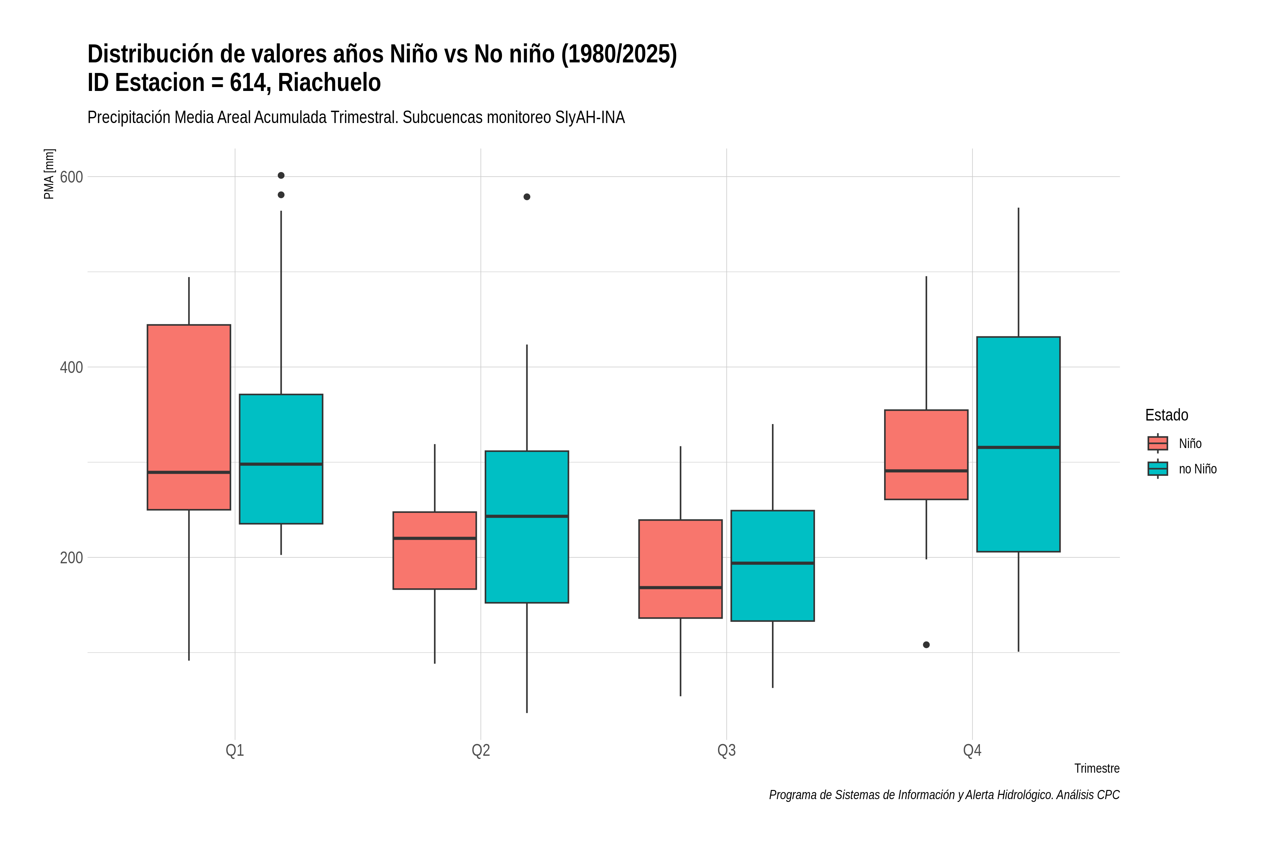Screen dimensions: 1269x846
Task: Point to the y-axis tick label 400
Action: [x=71, y=367]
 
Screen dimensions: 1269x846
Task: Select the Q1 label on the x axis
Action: [x=235, y=750]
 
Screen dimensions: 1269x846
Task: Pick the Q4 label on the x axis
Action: [x=972, y=750]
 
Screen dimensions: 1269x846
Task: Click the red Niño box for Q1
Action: [x=189, y=417]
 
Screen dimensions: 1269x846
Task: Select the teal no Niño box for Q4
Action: [x=1018, y=444]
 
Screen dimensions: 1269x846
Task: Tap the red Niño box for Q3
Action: [x=680, y=569]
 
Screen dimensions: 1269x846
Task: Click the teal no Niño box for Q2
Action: [x=527, y=527]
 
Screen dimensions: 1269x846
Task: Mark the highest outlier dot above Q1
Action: [x=281, y=175]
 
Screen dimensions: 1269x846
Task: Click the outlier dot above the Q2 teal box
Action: [x=527, y=197]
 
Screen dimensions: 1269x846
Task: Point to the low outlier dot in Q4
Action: [x=926, y=645]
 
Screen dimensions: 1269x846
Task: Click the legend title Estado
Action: [x=1166, y=415]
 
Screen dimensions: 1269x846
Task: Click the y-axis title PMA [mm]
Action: [x=49, y=174]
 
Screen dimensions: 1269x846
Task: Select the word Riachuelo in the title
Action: [x=329, y=82]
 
